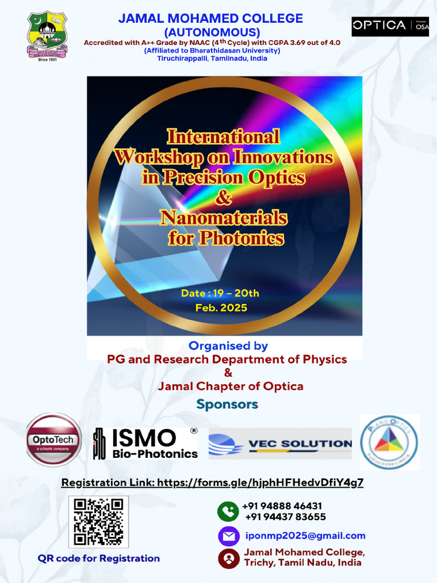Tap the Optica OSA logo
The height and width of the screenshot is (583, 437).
tap(390, 26)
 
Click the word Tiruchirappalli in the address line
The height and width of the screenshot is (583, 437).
tap(182, 59)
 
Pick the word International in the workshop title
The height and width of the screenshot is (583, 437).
tap(223, 137)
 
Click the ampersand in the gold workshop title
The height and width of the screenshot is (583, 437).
tap(224, 198)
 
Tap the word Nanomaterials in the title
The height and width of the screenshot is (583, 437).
tap(224, 217)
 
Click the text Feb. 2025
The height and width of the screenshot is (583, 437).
tap(221, 307)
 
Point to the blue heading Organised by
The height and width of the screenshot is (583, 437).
tap(228, 346)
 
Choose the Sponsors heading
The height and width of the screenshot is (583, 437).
tap(227, 404)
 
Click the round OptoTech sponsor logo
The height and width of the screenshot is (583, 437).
tap(54, 440)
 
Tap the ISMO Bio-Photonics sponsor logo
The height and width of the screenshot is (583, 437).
tap(146, 444)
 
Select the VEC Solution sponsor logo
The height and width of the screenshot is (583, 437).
tap(281, 444)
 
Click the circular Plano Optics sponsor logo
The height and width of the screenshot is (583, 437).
tap(389, 442)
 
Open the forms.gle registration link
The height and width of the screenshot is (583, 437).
tap(260, 483)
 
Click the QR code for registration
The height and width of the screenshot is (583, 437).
tap(98, 522)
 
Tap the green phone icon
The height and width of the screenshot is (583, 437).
tap(228, 511)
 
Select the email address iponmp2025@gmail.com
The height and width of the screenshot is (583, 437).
tap(305, 536)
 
